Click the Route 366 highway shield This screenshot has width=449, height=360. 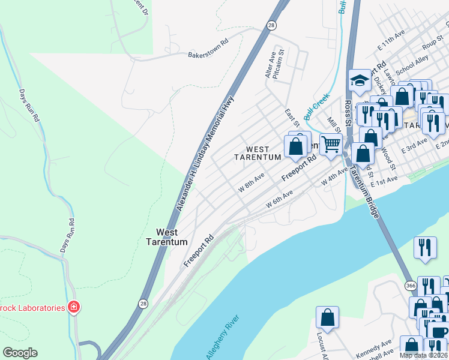(x=411, y=285)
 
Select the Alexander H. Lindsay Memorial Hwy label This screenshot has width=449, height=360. (x=204, y=154)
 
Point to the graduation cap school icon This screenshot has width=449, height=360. (x=359, y=80)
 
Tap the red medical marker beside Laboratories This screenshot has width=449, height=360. (x=74, y=308)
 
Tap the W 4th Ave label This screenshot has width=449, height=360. (x=334, y=177)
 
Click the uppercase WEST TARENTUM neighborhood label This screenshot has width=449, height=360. (x=258, y=153)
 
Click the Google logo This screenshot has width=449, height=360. (x=20, y=353)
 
